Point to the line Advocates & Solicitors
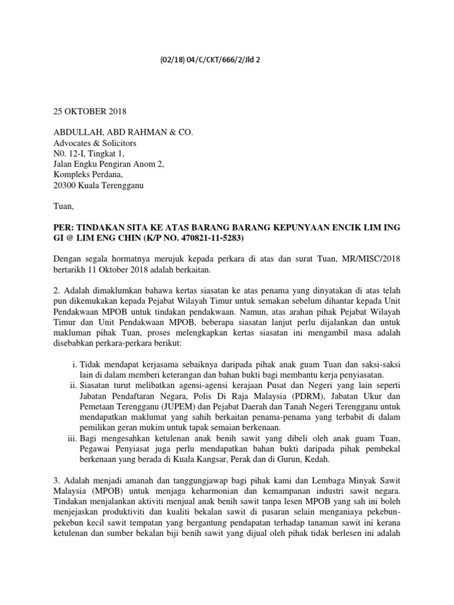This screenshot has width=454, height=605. (x=95, y=143)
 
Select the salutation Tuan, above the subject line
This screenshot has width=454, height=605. (x=64, y=207)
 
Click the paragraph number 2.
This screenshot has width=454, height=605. (x=56, y=292)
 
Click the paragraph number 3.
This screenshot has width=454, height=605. (x=56, y=483)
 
